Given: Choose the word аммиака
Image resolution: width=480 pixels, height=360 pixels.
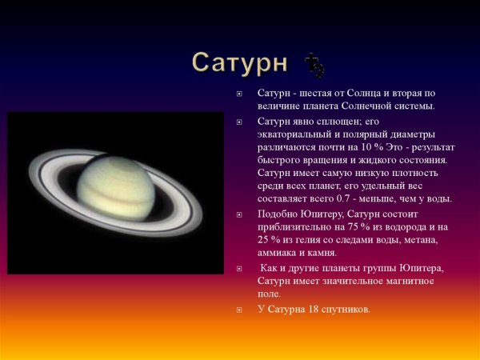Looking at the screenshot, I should click(x=278, y=252).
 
